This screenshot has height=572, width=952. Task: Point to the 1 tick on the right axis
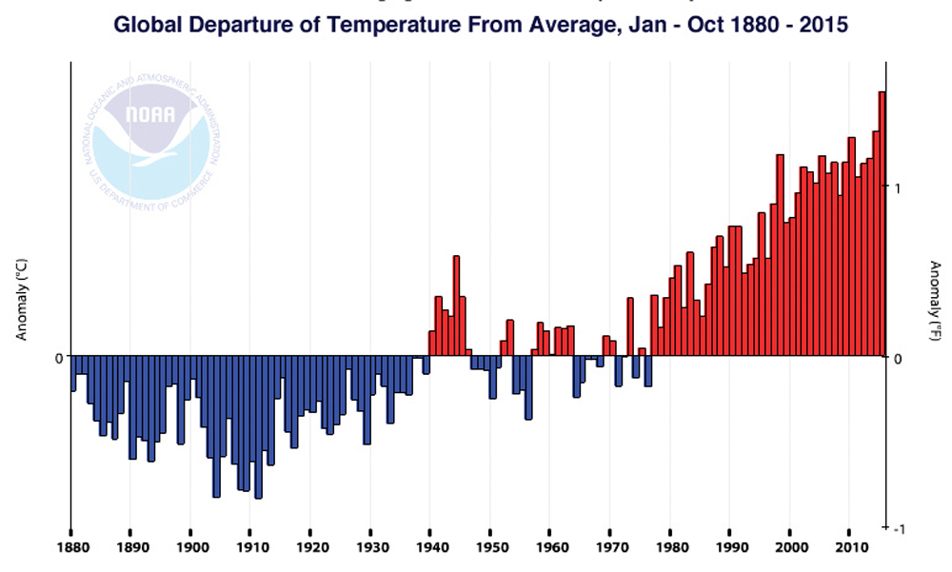(900, 187)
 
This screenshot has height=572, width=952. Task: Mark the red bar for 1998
(780, 255)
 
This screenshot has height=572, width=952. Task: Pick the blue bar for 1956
(528, 387)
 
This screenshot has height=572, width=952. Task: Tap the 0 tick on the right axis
(900, 358)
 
